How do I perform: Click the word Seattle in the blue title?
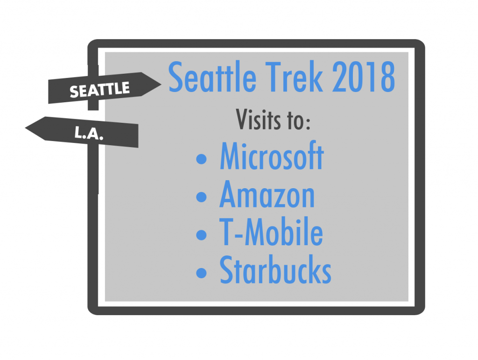click(x=212, y=77)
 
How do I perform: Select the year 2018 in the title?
click(x=363, y=77)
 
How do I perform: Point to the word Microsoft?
click(x=272, y=156)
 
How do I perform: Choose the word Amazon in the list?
click(x=267, y=194)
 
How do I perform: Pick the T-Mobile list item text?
click(x=271, y=232)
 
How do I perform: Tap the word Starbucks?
click(x=275, y=270)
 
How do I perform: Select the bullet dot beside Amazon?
click(x=201, y=197)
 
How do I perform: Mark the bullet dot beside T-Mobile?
click(x=201, y=235)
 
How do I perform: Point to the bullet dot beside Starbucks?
click(x=201, y=273)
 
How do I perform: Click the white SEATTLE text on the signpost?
click(x=100, y=90)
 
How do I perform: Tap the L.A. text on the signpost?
click(x=89, y=133)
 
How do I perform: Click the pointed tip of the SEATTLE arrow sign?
click(x=161, y=84)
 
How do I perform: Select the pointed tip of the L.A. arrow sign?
click(x=25, y=128)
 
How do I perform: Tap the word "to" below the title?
click(x=295, y=120)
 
